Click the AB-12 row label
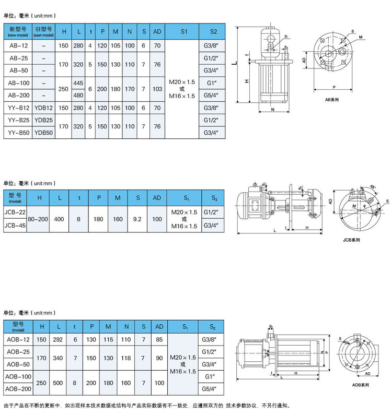pyautogui.click(x=19, y=45)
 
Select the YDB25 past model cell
pyautogui.click(x=43, y=121)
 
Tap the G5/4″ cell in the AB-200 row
pyautogui.click(x=212, y=96)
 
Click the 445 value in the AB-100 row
pyautogui.click(x=79, y=83)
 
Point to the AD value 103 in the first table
pyautogui.click(x=157, y=89)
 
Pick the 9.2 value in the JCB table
pyautogui.click(x=138, y=219)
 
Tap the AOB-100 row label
pyautogui.click(x=18, y=376)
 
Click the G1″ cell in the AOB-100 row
pyautogui.click(x=212, y=376)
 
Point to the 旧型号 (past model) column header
pyautogui.click(x=43, y=31)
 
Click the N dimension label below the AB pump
pyautogui.click(x=273, y=110)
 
